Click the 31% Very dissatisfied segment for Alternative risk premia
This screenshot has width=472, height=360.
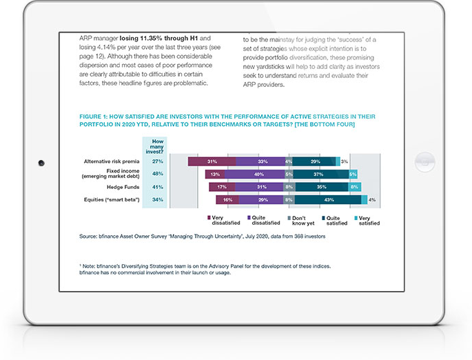click(x=212, y=161)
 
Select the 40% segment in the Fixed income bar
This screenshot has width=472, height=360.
click(x=259, y=174)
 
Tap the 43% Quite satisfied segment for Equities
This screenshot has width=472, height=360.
click(x=329, y=199)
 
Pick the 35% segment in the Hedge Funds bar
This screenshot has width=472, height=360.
click(x=321, y=186)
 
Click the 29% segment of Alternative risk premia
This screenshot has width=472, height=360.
click(x=315, y=161)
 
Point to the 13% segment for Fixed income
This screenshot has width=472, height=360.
click(x=215, y=174)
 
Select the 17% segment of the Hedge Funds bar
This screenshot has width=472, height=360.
click(x=222, y=186)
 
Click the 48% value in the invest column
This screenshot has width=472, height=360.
click(x=157, y=174)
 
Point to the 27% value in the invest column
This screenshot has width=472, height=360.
click(x=157, y=161)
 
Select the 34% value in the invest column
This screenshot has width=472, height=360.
click(x=157, y=199)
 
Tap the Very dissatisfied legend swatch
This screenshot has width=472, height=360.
click(x=209, y=217)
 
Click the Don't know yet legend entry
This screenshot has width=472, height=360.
click(x=300, y=220)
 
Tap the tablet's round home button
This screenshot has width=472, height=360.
click(x=424, y=163)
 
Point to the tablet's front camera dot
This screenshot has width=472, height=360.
click(x=41, y=163)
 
